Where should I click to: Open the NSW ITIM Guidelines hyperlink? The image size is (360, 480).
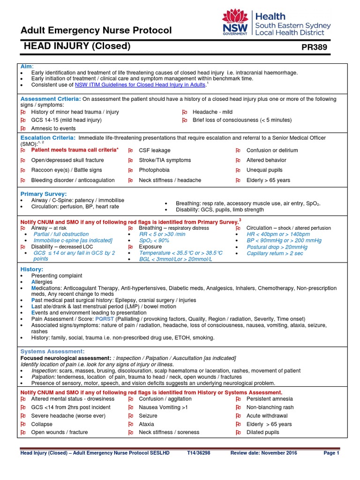(x=140, y=85)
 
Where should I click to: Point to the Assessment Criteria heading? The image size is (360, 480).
(x=51, y=99)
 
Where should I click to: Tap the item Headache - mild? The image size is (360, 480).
(x=212, y=112)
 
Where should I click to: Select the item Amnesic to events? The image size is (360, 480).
(x=53, y=128)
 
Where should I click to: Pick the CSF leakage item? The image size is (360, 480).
(x=155, y=150)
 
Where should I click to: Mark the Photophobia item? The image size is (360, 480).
(x=154, y=170)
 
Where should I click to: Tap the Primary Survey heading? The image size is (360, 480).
(x=44, y=194)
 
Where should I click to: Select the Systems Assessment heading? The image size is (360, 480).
(x=52, y=351)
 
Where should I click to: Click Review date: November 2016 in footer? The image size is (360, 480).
(x=260, y=453)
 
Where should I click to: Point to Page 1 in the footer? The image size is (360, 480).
(x=331, y=453)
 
